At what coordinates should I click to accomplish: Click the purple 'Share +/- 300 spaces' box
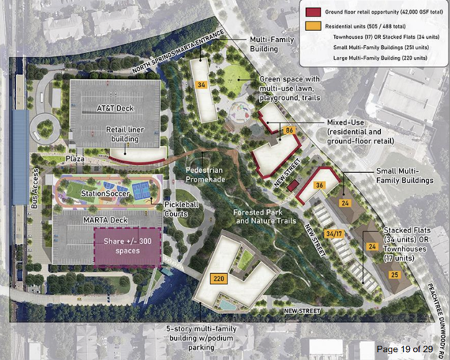click(x=127, y=245)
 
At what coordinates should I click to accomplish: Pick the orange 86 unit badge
click(x=289, y=130)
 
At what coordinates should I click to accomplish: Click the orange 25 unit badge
click(x=394, y=274)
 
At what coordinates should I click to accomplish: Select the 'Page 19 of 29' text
click(x=405, y=349)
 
